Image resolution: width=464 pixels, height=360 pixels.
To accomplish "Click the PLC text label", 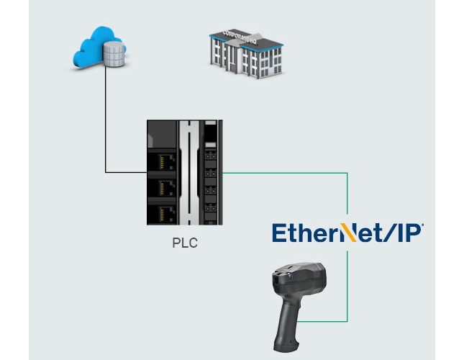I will coord(184,243).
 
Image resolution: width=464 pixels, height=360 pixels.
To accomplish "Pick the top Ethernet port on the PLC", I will coord(163,163).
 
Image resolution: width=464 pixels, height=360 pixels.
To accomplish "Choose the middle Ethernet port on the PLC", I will coord(163,188).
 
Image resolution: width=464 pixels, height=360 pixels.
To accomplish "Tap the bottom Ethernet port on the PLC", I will coord(163,213).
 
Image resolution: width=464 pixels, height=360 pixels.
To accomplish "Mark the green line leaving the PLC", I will coord(288,173).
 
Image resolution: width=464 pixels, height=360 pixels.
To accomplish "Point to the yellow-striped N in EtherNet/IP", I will coord(347,233).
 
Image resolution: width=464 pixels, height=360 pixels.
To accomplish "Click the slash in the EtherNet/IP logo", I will coord(388,233).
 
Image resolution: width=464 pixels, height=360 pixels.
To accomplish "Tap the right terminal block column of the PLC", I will coord(210,173).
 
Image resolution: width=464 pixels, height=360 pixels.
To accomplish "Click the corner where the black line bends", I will coord(106,172).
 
